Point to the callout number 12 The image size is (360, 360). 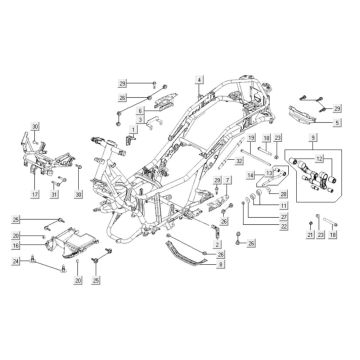pos(319,159)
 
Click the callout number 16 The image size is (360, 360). pos(16,243)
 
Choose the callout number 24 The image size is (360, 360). pos(16,262)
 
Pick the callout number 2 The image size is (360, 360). pos(217,244)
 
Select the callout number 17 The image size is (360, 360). pos(34,195)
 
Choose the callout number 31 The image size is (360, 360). pos(55,195)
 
